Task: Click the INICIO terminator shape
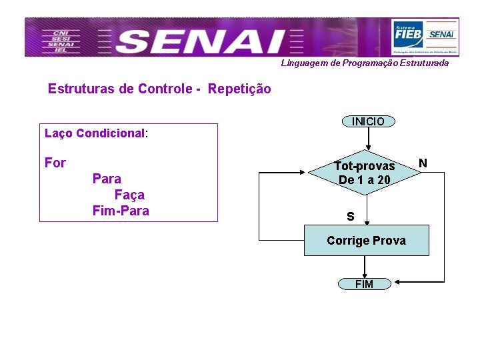click(368, 121)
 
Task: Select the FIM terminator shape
click(364, 284)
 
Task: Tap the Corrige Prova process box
click(366, 241)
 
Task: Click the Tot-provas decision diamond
click(365, 173)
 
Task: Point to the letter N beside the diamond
click(423, 163)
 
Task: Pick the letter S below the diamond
click(350, 217)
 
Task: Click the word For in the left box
click(55, 163)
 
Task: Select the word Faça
click(129, 195)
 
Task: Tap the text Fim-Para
click(121, 211)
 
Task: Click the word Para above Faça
click(107, 179)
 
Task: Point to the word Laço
click(59, 133)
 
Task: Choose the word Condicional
click(111, 133)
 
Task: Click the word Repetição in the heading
click(239, 89)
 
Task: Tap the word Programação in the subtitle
click(369, 63)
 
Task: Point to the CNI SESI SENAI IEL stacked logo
click(59, 41)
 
